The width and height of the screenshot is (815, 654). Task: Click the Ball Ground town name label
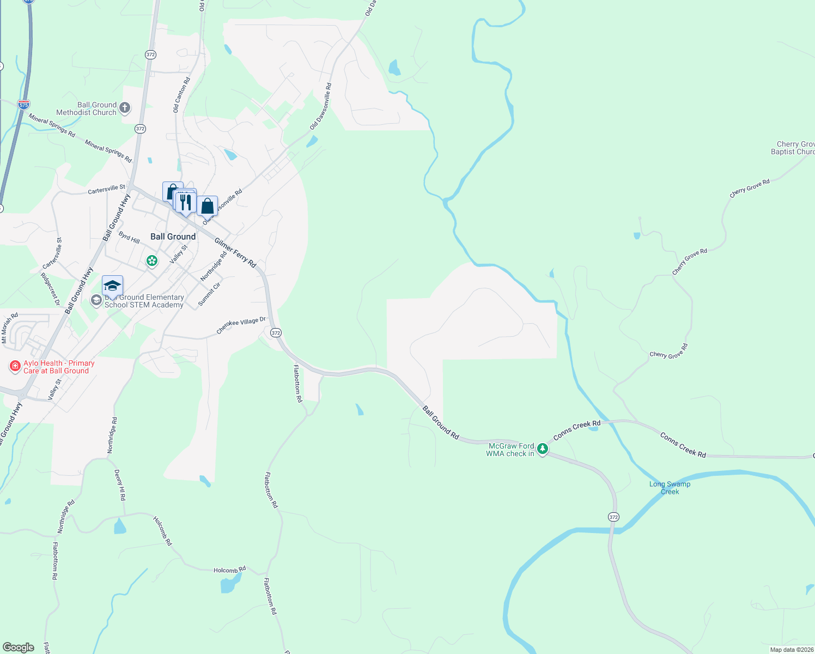[x=173, y=237]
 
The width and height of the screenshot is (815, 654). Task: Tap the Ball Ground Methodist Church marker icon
[x=125, y=108]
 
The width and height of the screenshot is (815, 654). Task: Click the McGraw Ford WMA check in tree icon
[x=542, y=449]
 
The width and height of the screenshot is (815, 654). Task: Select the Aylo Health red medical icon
[x=15, y=366]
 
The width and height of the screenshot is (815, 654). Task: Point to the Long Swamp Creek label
[x=670, y=488]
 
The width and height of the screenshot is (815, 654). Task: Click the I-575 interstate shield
[x=23, y=104]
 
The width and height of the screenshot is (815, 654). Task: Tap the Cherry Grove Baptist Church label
[x=793, y=148]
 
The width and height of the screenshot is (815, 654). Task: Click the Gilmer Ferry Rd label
[x=235, y=252]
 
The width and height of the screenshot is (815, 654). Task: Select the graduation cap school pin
[x=112, y=286]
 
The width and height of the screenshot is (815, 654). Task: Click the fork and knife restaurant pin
[x=186, y=202]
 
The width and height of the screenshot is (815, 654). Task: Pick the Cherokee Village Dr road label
[x=241, y=325]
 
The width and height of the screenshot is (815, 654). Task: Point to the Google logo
[x=19, y=647]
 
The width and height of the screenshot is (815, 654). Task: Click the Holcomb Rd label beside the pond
[x=229, y=570]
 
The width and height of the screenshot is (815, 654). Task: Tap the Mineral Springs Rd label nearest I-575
[x=52, y=125]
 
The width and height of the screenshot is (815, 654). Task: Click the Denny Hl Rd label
[x=120, y=485]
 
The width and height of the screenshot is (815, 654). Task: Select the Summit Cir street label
[x=209, y=294]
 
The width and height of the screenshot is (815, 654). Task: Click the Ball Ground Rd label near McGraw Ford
[x=441, y=422]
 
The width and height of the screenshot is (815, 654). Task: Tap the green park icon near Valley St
[x=152, y=262]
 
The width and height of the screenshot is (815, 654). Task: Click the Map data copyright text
[x=792, y=650]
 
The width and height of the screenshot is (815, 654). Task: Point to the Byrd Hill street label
[x=129, y=238]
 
